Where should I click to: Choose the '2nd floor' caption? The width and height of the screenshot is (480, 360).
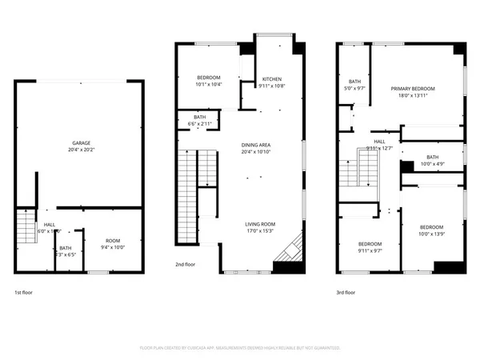pyautogui.click(x=185, y=264)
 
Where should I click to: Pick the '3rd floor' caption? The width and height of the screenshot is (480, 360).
pyautogui.click(x=346, y=293)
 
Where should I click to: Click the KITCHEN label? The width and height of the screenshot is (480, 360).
pyautogui.click(x=272, y=79)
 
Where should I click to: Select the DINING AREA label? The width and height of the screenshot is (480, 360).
pyautogui.click(x=257, y=145)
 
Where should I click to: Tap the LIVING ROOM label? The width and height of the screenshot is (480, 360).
pyautogui.click(x=260, y=224)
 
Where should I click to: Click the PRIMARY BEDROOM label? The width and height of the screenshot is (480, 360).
pyautogui.click(x=413, y=88)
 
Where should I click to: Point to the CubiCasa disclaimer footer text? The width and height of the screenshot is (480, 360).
pyautogui.click(x=240, y=348)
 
